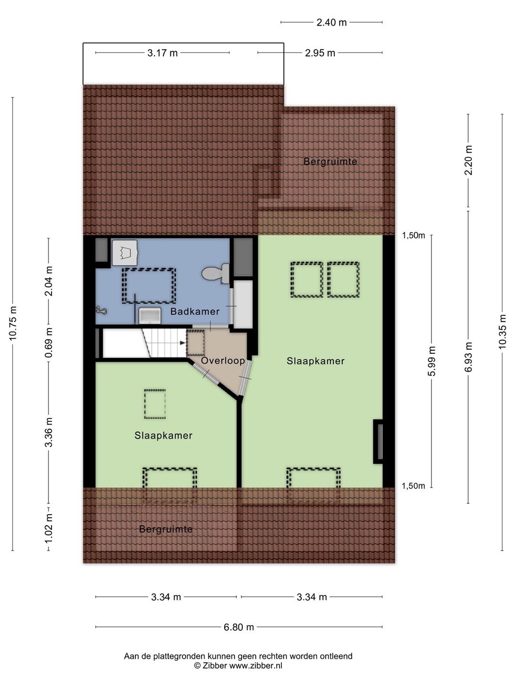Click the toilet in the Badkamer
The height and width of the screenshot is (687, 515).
click(x=216, y=273)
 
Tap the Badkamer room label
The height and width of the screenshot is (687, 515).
click(x=195, y=312)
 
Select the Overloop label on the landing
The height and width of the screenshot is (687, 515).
click(x=223, y=361)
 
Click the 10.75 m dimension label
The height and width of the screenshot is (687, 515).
click(x=13, y=323)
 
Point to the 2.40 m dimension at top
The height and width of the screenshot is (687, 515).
click(x=331, y=22)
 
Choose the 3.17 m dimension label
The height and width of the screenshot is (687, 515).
click(x=162, y=53)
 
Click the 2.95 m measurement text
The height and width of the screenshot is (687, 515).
click(x=320, y=53)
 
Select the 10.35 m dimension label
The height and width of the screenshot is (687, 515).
click(x=502, y=331)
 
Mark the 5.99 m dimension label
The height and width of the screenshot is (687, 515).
click(x=432, y=361)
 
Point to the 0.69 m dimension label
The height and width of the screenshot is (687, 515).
click(x=49, y=343)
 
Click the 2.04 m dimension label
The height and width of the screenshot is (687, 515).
click(x=49, y=281)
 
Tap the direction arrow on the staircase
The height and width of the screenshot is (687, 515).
click(x=182, y=343)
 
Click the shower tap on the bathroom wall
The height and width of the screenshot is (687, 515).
click(x=102, y=310)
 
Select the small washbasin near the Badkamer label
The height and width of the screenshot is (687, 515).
click(x=150, y=315)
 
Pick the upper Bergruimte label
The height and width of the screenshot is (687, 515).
click(x=330, y=162)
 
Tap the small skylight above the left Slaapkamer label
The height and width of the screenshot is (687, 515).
click(x=155, y=404)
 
